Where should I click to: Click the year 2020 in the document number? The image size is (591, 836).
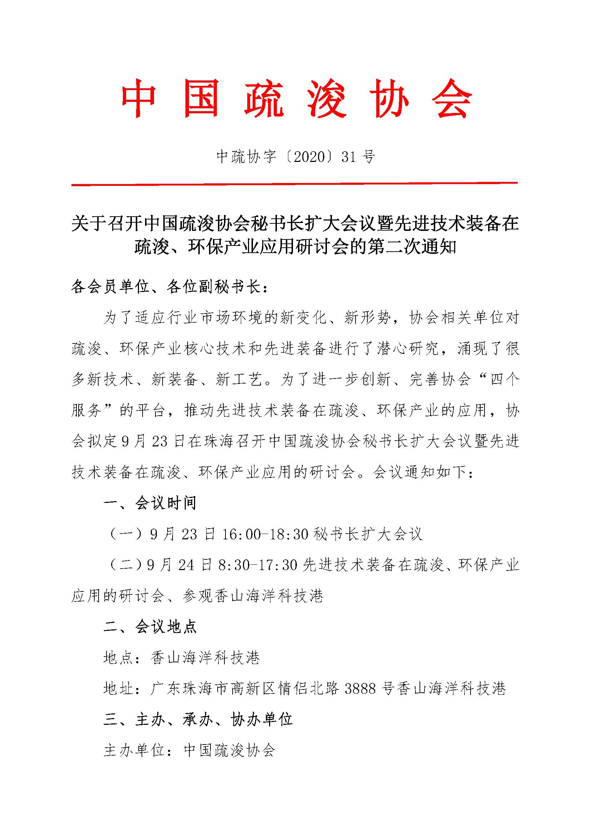tap(309, 157)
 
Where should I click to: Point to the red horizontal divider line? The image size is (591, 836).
tap(294, 184)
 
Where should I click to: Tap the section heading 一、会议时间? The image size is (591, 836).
tap(150, 503)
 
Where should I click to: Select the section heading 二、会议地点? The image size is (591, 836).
tap(150, 627)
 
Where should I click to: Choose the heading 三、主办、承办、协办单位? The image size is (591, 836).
tap(198, 719)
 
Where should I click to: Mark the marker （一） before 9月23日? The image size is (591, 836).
tap(125, 534)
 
